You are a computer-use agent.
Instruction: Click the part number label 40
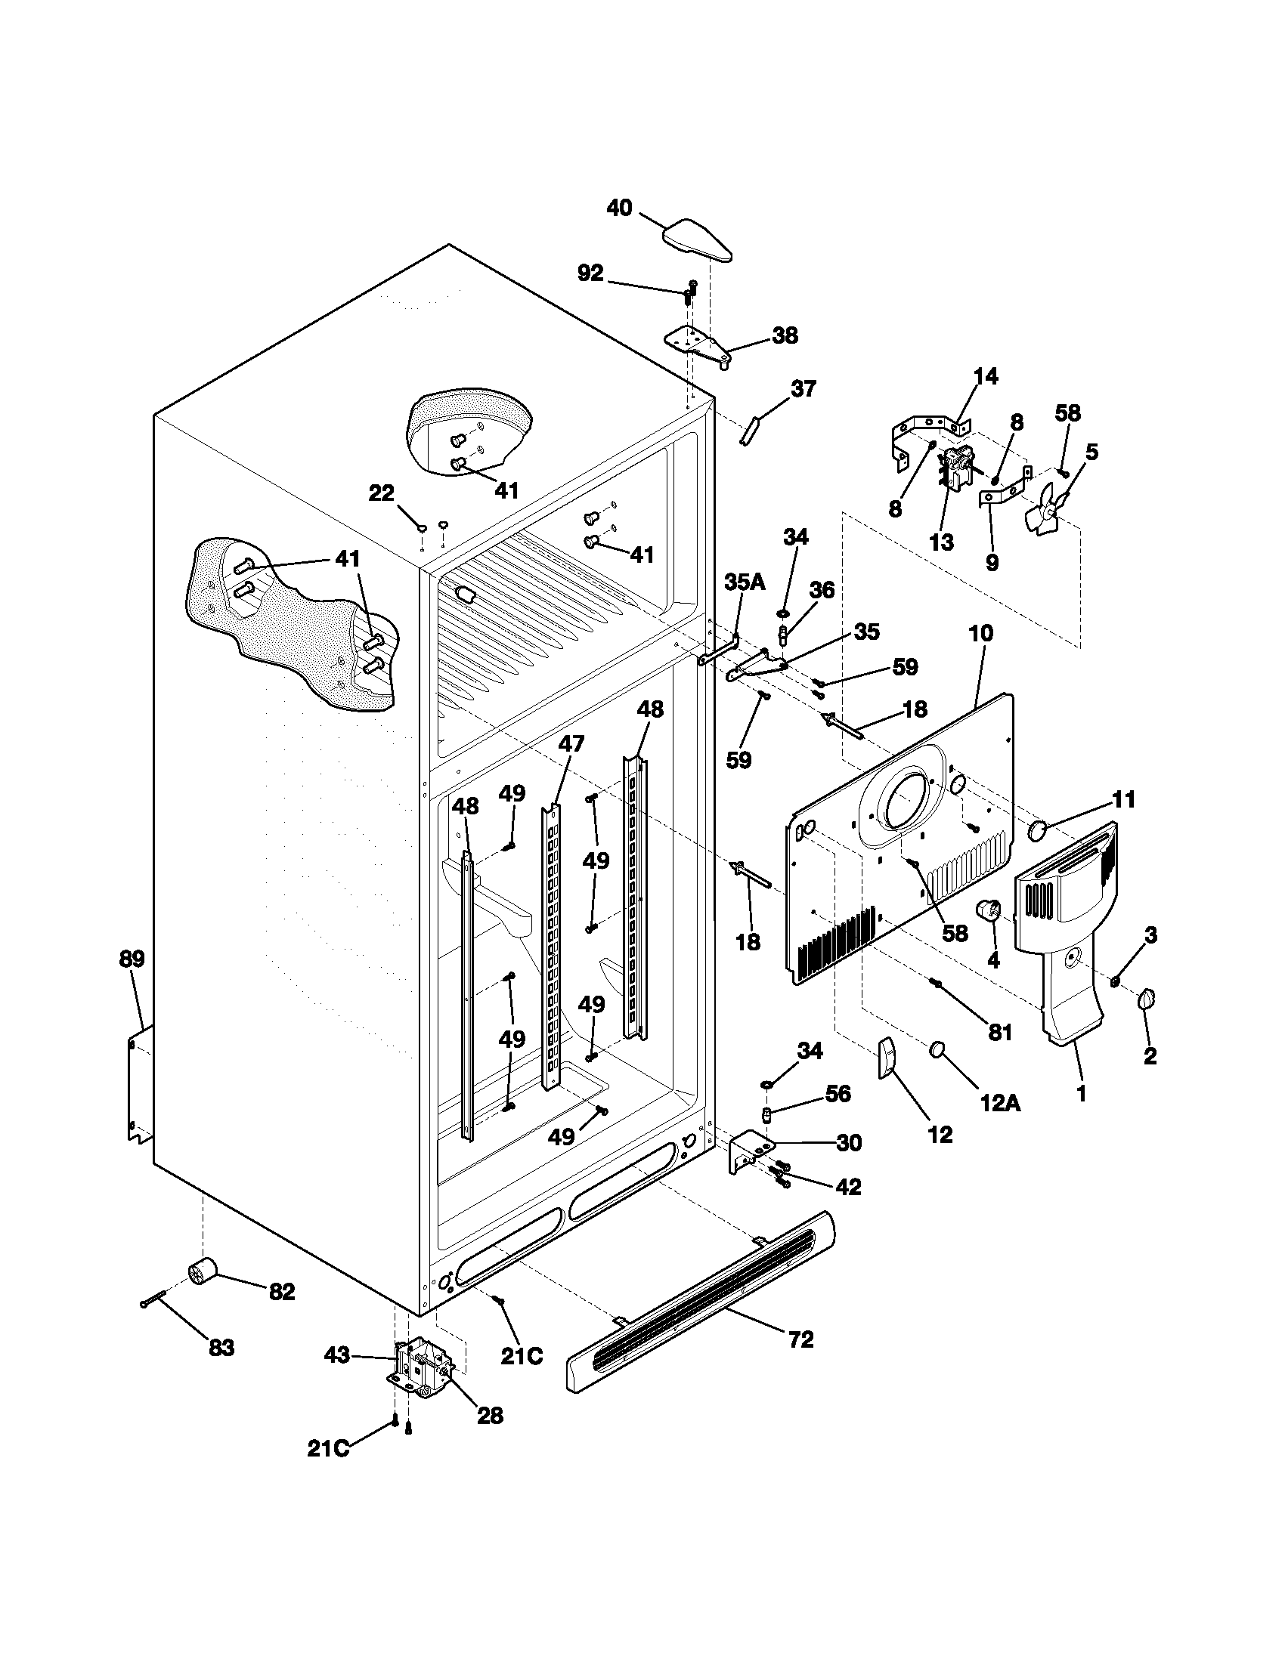pos(619,207)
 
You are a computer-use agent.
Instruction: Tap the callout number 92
pos(591,274)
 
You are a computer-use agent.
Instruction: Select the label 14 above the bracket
pos(985,376)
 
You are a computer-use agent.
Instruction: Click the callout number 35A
pos(744,582)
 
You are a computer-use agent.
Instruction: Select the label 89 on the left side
pos(132,959)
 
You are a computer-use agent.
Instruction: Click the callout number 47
pos(571,743)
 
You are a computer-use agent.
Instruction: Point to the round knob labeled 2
pos(1146,999)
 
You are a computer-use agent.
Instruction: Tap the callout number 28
pos(491,1416)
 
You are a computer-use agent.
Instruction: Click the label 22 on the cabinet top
pos(382,494)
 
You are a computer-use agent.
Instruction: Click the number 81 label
pos(999,1032)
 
